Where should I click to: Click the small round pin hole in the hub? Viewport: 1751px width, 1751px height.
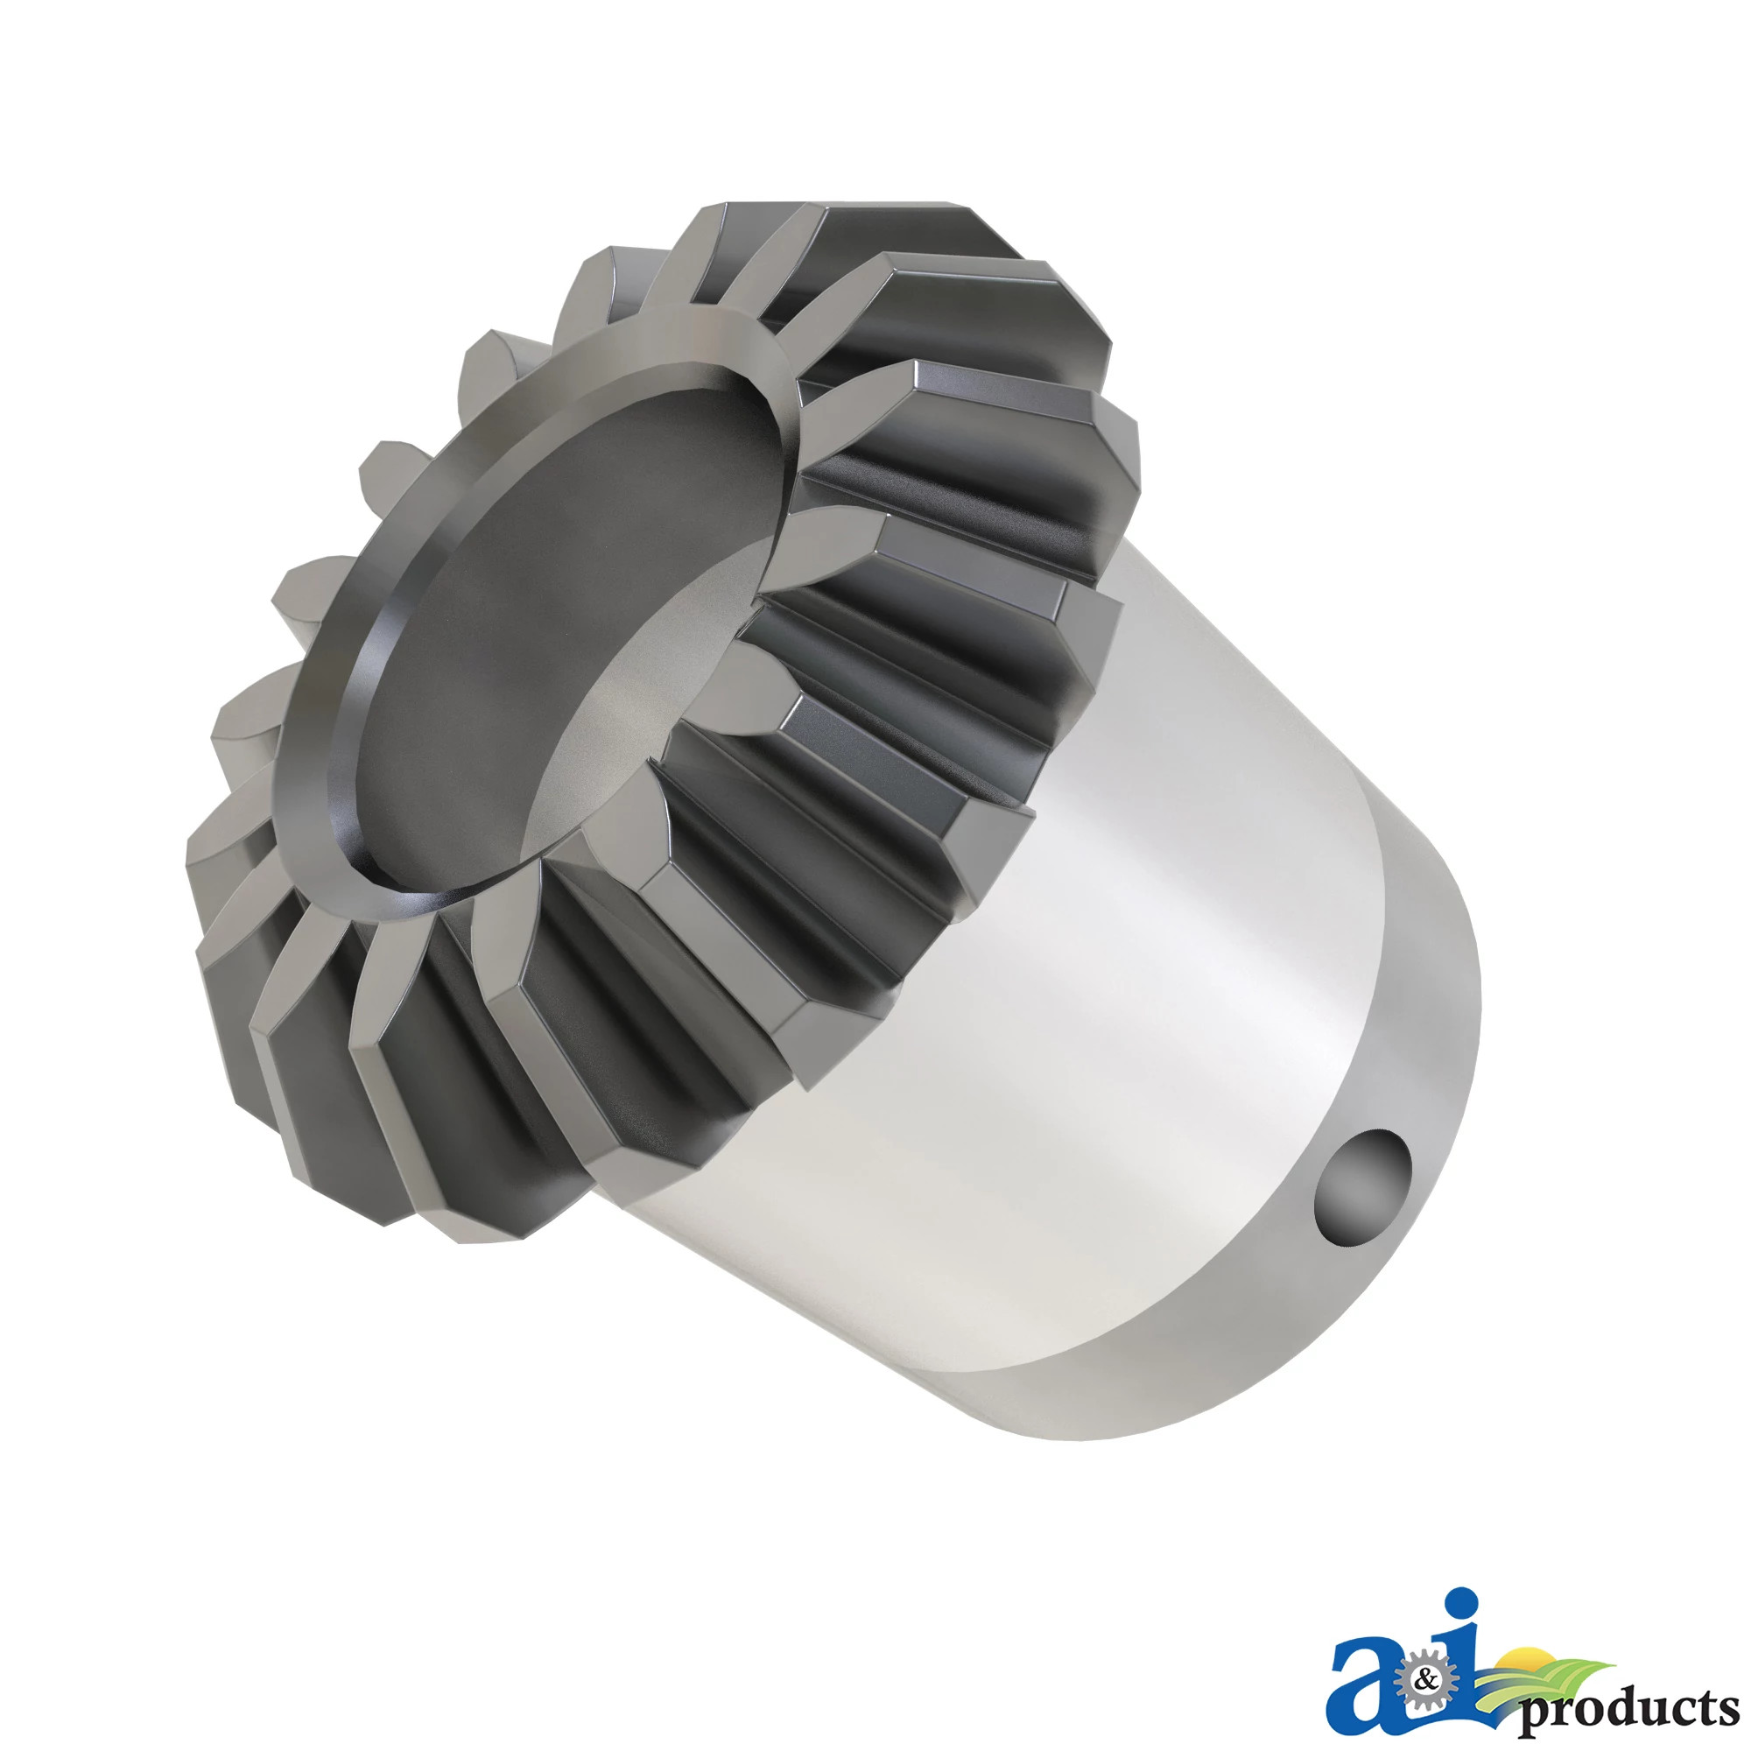[1362, 1186]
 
